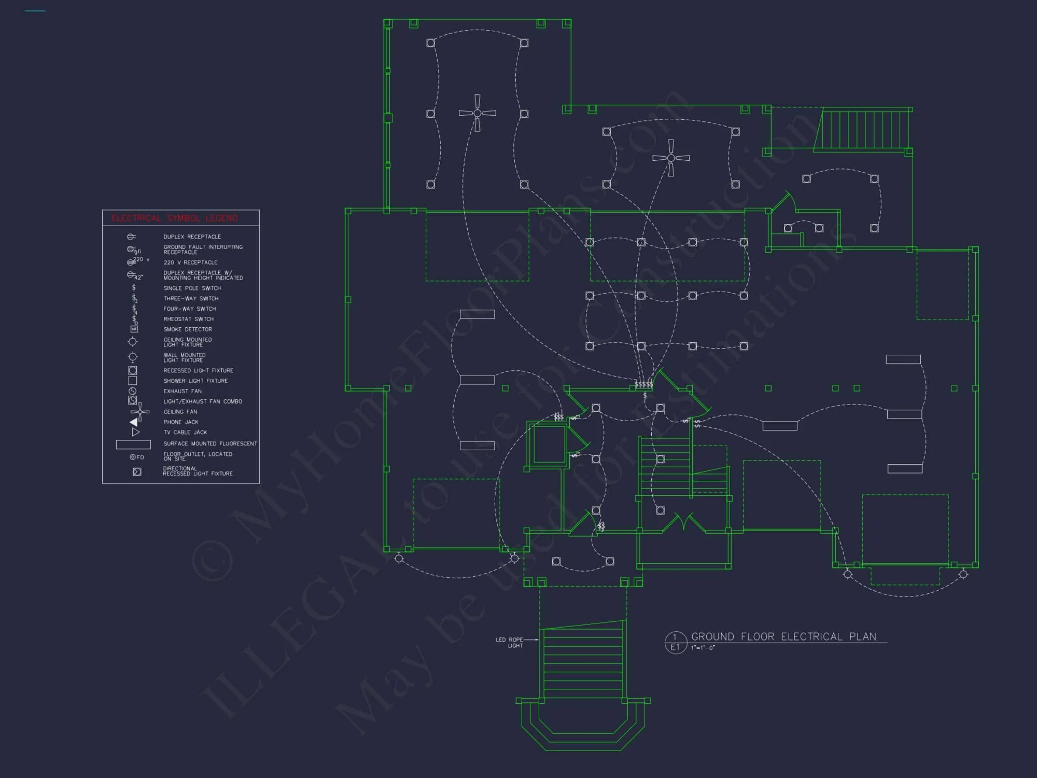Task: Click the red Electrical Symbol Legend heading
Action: pos(175,218)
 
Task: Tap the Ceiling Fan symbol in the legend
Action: pos(139,412)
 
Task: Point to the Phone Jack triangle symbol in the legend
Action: pos(134,422)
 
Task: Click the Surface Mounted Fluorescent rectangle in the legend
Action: pos(133,444)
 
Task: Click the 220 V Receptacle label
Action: pos(190,262)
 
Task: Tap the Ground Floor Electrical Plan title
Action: pos(783,637)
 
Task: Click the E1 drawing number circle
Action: pos(675,643)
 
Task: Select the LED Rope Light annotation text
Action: pos(510,643)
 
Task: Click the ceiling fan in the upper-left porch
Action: pos(477,113)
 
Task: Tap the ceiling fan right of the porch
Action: pos(671,158)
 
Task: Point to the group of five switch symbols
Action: pos(643,384)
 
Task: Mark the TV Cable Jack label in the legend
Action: pos(185,433)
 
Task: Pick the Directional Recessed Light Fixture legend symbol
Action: pos(137,472)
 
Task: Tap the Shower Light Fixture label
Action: pos(195,381)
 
